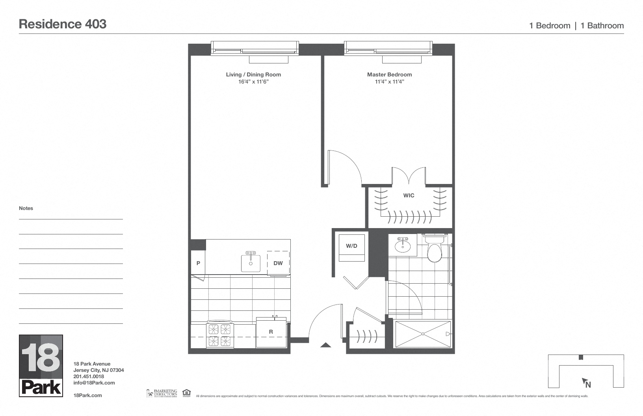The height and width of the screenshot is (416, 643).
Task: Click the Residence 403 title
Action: tap(63, 24)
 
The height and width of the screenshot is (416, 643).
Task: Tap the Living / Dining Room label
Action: tap(253, 74)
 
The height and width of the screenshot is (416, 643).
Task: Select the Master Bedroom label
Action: tap(389, 74)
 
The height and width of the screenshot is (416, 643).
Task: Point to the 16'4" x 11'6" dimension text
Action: tap(253, 82)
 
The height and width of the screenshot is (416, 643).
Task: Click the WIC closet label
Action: tap(409, 195)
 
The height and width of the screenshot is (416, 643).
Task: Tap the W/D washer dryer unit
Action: tap(351, 247)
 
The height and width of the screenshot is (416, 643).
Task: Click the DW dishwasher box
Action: tap(278, 263)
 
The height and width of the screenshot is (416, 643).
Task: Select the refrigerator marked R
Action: tap(271, 332)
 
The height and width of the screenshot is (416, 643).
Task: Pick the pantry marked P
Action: tap(198, 263)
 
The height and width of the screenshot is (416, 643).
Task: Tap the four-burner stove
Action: tap(220, 335)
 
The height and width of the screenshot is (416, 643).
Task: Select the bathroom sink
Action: tap(402, 246)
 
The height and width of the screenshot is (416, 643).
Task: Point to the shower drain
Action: tap(422, 334)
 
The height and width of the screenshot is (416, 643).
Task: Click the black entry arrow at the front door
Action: tap(325, 345)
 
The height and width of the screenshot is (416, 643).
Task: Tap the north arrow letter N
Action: tap(588, 384)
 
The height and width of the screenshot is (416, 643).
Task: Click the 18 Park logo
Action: tap(41, 366)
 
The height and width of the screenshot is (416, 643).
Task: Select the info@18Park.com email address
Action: tap(94, 383)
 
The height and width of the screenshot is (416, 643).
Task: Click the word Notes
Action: tap(26, 208)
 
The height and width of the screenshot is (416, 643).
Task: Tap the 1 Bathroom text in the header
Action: tap(602, 26)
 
